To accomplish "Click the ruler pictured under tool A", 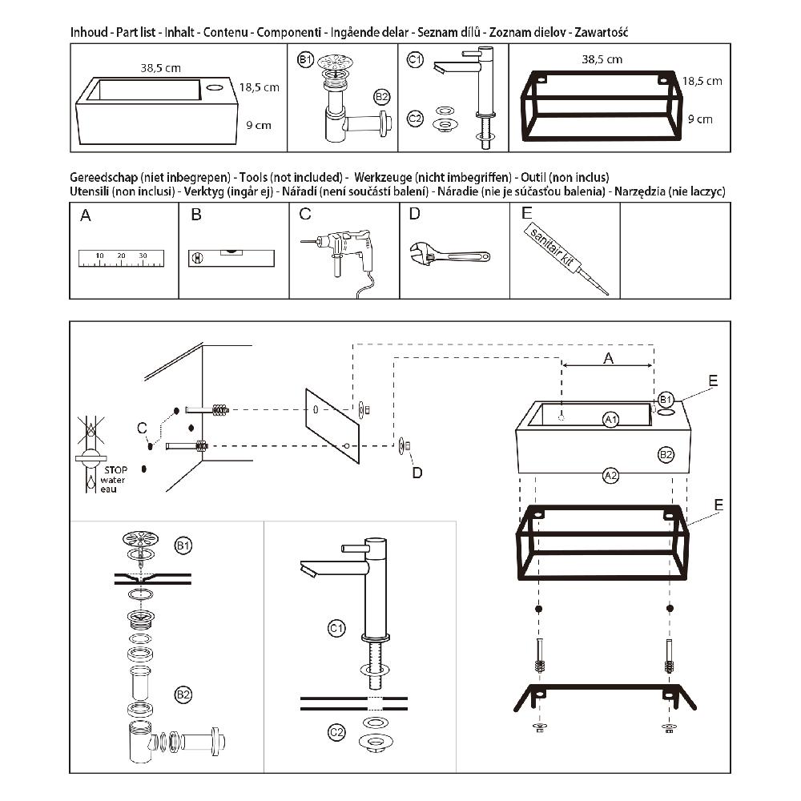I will [121, 257].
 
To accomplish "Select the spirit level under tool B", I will [231, 257].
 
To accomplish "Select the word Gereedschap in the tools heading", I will [104, 176].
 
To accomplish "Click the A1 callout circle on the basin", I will [611, 419].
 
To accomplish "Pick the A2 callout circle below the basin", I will [610, 475].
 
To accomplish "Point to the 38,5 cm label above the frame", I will [602, 59].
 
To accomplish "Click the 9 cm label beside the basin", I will [259, 125].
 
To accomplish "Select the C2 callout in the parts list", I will [415, 119].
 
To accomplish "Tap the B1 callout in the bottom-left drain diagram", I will [183, 545].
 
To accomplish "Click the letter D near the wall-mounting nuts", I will [417, 473].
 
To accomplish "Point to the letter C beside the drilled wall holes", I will [142, 428].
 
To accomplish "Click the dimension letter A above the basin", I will [607, 360].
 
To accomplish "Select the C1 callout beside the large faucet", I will [337, 628].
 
